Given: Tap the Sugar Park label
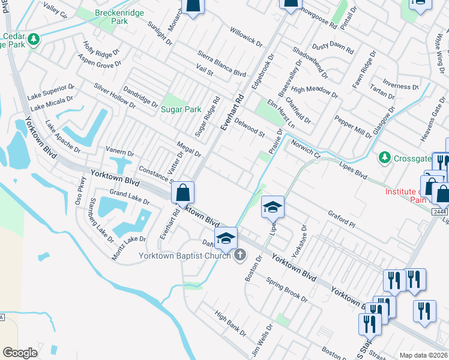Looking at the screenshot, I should coord(181,110).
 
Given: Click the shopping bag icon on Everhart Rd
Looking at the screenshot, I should coord(182,193).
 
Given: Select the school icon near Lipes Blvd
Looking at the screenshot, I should coord(273,208).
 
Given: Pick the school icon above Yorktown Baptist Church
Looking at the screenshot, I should coord(226,238).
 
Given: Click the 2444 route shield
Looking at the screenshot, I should coord(440,211).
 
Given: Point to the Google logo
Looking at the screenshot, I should coord(20,352).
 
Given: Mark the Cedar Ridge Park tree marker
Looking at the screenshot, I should coord(34,40).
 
